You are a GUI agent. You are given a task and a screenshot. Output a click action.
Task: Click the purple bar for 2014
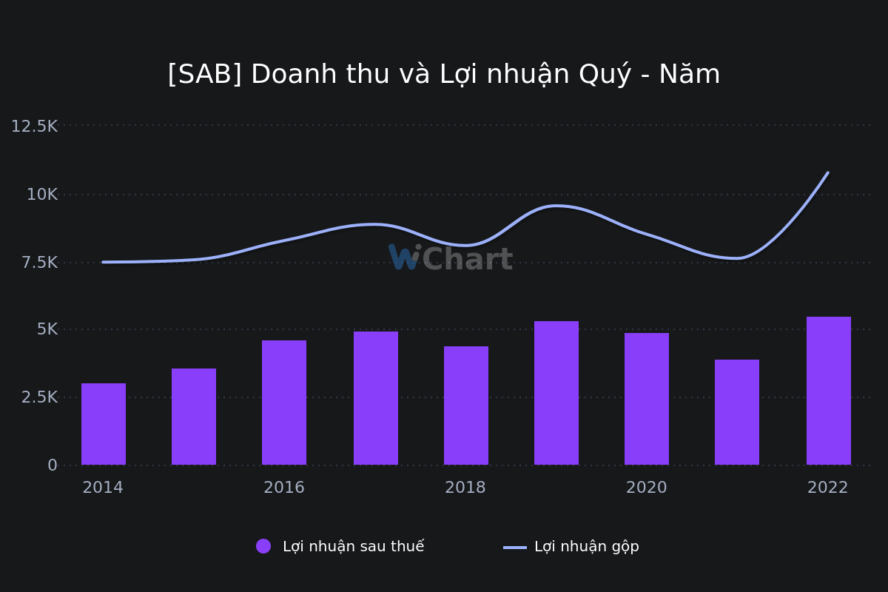click(x=104, y=424)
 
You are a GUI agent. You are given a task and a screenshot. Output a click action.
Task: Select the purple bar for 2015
click(x=194, y=417)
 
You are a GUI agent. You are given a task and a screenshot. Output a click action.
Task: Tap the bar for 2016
click(x=284, y=403)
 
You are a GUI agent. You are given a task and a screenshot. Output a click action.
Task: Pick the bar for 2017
click(x=376, y=398)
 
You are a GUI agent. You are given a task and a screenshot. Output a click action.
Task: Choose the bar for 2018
click(x=466, y=406)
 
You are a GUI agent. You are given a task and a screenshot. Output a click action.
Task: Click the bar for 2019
click(x=556, y=393)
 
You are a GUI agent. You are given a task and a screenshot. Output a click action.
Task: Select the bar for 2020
click(x=647, y=399)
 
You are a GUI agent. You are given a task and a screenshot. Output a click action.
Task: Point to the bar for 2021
click(x=737, y=412)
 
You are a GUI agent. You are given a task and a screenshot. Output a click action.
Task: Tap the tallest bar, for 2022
click(x=829, y=391)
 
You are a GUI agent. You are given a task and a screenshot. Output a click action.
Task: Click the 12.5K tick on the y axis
click(x=34, y=127)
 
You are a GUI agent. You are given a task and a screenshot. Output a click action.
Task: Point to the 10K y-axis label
click(x=42, y=195)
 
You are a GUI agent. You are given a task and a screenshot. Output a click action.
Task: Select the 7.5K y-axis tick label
click(x=39, y=263)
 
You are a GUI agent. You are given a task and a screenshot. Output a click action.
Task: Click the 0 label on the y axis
click(x=53, y=465)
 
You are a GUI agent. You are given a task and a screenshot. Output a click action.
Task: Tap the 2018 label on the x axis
click(x=465, y=488)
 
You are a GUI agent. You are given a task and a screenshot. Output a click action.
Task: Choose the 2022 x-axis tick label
click(x=828, y=488)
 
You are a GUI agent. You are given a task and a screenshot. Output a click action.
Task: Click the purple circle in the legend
click(x=263, y=546)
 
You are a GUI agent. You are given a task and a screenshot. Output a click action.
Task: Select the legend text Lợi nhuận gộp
click(x=586, y=547)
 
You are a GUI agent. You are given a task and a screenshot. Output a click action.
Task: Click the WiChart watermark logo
click(x=451, y=258)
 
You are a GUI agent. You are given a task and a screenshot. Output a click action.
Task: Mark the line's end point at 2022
click(x=828, y=172)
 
